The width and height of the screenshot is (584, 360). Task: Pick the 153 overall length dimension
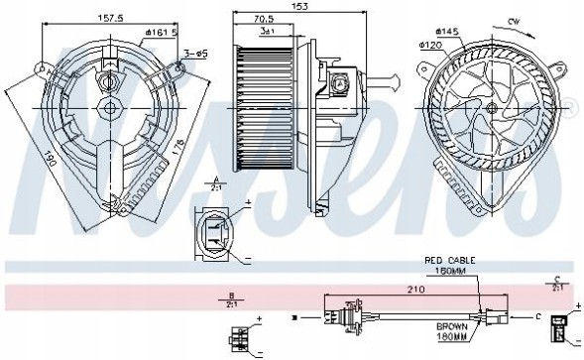tap(293, 8)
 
